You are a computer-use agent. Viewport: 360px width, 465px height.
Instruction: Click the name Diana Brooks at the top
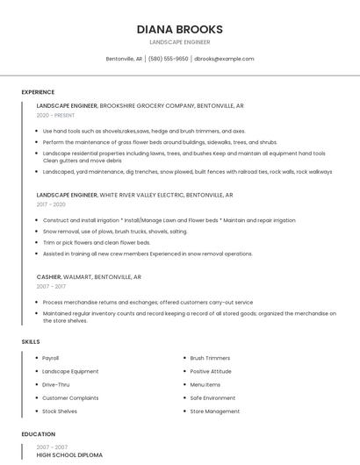[179, 29]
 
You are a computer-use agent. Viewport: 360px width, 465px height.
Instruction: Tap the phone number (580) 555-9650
[168, 59]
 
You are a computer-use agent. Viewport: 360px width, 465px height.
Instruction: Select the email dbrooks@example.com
[224, 59]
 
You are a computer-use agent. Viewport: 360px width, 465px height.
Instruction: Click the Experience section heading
[38, 92]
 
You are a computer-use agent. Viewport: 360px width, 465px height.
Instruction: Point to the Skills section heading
[30, 341]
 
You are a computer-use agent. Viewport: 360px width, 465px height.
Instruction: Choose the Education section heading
[38, 434]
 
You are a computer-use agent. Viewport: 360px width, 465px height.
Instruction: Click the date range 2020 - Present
[55, 115]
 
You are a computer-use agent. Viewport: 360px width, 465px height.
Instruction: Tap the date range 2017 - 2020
[51, 204]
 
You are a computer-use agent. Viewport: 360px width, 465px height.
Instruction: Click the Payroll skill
[51, 358]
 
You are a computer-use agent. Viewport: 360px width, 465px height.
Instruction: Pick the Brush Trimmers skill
[210, 358]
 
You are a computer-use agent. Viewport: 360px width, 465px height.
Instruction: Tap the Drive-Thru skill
[55, 384]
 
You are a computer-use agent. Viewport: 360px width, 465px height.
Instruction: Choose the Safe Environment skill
[212, 397]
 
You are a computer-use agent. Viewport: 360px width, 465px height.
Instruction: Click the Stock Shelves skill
[60, 411]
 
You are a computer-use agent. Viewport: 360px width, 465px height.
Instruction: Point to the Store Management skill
[214, 411]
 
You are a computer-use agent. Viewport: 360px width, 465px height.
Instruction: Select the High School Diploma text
[69, 455]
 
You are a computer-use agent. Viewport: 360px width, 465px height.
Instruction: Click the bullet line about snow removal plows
[115, 231]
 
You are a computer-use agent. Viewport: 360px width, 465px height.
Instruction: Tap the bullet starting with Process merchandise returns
[148, 302]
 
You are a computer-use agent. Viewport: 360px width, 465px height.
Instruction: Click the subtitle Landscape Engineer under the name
[179, 42]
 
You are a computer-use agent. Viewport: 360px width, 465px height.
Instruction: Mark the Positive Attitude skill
[211, 371]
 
